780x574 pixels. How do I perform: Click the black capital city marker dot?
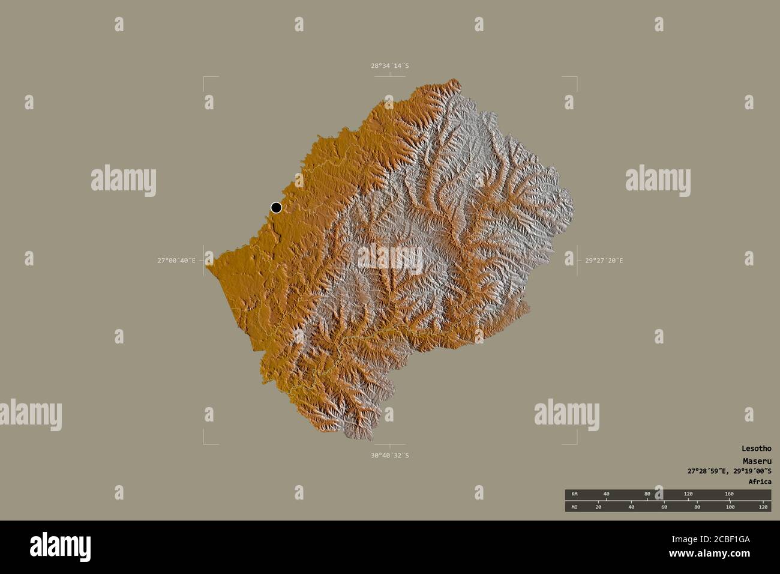tap(276, 207)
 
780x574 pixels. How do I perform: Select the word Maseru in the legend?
tap(758, 460)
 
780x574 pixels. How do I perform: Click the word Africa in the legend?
tap(760, 482)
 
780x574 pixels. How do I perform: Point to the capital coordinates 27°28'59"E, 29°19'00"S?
tap(730, 471)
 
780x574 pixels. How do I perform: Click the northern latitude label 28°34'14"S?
tap(389, 65)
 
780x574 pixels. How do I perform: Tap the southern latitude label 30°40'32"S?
tap(389, 455)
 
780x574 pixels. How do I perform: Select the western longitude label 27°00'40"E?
tap(176, 261)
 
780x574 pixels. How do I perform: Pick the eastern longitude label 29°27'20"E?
tap(604, 261)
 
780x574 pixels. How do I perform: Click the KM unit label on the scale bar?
tap(574, 494)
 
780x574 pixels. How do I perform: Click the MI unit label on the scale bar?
tap(574, 507)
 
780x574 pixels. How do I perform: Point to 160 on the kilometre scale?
tap(729, 494)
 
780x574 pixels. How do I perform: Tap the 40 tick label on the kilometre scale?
tap(606, 494)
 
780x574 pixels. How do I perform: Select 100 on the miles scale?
tap(730, 507)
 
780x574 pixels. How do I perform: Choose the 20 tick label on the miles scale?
tap(598, 507)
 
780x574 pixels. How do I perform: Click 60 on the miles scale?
tap(664, 507)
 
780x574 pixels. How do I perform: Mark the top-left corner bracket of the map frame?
tap(205, 78)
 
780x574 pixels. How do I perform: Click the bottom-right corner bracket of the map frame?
tap(576, 443)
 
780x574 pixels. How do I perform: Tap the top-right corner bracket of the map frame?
tap(576, 78)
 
